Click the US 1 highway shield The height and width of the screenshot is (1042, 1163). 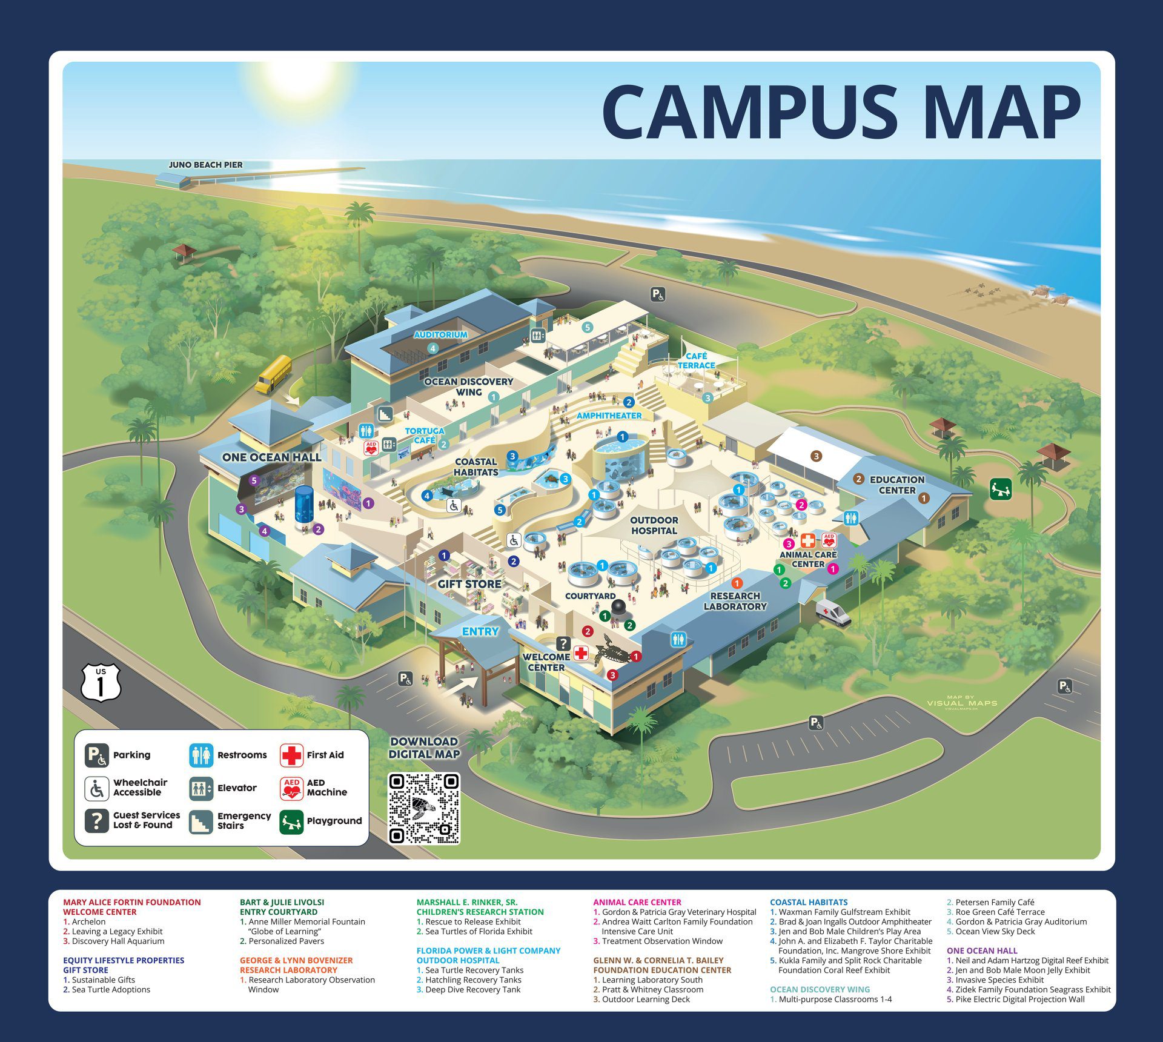pyautogui.click(x=101, y=683)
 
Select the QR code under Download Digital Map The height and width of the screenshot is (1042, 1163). pyautogui.click(x=424, y=808)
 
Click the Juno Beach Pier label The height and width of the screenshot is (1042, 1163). pyautogui.click(x=205, y=165)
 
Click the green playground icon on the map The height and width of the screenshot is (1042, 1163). pyautogui.click(x=1001, y=489)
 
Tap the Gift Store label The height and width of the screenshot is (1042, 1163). pyautogui.click(x=469, y=584)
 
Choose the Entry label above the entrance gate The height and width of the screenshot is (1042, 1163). pyautogui.click(x=480, y=631)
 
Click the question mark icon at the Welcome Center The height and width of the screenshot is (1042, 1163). pyautogui.click(x=563, y=643)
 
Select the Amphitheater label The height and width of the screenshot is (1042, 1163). pyautogui.click(x=609, y=416)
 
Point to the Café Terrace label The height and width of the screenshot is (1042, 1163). pyautogui.click(x=697, y=360)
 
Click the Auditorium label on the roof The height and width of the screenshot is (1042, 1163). pyautogui.click(x=440, y=334)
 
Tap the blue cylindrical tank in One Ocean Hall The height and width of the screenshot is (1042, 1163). pyautogui.click(x=303, y=504)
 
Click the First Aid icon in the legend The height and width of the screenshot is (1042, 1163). pyautogui.click(x=291, y=755)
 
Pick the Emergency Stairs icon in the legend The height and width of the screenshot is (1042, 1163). pyautogui.click(x=200, y=821)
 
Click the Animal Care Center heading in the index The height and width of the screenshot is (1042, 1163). pyautogui.click(x=637, y=902)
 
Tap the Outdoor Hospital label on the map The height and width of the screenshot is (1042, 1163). pyautogui.click(x=654, y=525)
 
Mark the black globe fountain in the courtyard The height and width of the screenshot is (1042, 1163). pyautogui.click(x=618, y=607)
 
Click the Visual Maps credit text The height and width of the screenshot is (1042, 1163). pyautogui.click(x=962, y=703)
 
